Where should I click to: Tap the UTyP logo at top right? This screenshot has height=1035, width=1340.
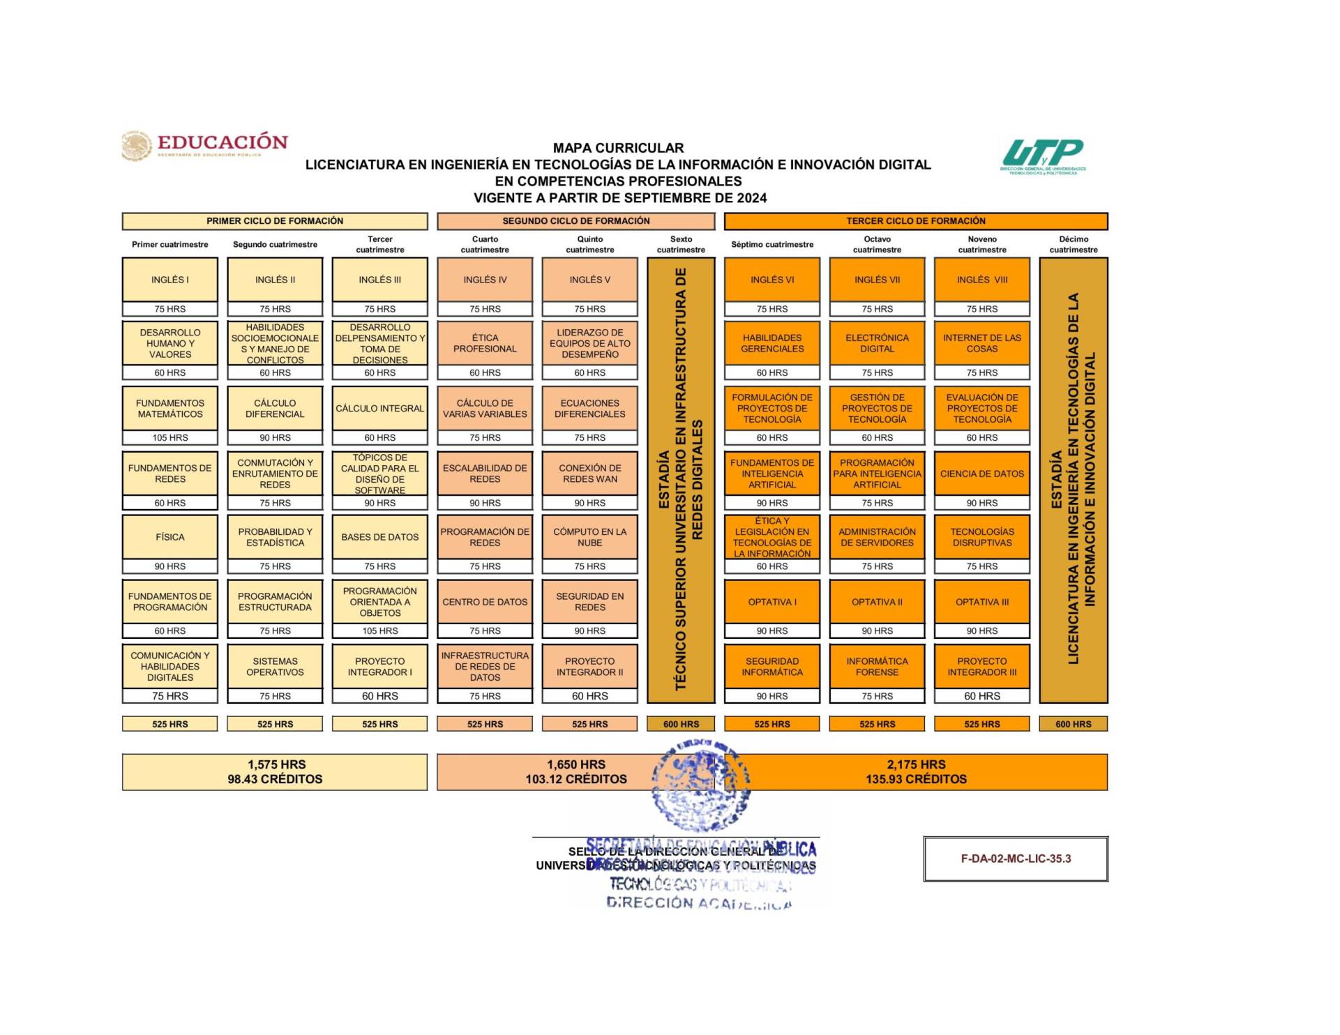point(1042,156)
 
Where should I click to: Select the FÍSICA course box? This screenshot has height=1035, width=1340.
point(170,537)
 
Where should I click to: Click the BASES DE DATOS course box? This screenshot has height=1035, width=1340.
point(379,537)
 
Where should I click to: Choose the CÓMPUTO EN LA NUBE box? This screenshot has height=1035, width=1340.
point(589,537)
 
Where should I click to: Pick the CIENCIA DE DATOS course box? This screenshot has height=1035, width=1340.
point(981,474)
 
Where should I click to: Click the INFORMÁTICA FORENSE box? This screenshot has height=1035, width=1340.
point(877,666)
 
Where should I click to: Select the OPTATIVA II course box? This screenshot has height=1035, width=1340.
point(877,602)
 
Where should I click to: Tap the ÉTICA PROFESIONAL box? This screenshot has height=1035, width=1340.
point(485,343)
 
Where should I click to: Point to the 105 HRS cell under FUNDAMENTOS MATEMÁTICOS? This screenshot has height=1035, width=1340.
point(170,438)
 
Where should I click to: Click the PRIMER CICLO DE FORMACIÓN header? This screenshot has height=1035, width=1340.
point(275,221)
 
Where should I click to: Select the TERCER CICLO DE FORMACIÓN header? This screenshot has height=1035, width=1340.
point(915,221)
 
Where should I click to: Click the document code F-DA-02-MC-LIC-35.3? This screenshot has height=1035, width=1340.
point(1015,859)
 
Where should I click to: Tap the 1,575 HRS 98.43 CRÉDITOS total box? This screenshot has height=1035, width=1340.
point(275,771)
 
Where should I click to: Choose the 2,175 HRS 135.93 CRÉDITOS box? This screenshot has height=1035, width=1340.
point(915,771)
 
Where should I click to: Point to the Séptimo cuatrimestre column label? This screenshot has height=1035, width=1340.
point(772,244)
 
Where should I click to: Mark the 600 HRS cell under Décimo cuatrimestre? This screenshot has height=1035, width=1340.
point(1073,724)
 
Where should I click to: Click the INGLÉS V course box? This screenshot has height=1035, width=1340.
point(589,280)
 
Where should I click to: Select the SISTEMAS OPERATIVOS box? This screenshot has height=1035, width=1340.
point(275,666)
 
